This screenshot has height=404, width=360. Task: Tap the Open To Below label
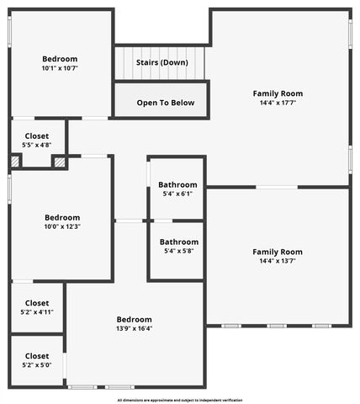tap(166, 103)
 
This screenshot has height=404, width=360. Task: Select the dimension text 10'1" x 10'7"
tap(60, 69)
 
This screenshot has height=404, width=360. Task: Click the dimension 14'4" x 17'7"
tap(278, 104)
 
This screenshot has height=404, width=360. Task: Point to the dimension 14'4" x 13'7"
tap(278, 262)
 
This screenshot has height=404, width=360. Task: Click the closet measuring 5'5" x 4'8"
tap(36, 141)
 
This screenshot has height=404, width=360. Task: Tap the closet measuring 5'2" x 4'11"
tap(36, 307)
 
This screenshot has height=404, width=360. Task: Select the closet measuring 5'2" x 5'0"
tap(36, 360)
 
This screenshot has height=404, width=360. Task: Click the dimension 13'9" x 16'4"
tap(135, 329)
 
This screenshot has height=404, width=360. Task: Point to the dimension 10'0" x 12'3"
tap(62, 226)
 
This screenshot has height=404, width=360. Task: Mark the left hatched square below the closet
tap(15, 161)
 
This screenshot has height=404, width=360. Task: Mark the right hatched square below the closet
tap(59, 161)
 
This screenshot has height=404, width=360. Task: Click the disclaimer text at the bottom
tap(180, 400)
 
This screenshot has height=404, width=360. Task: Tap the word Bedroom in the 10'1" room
tap(60, 59)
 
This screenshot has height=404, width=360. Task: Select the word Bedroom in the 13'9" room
tap(135, 319)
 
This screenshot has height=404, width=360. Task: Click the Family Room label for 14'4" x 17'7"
tap(278, 93)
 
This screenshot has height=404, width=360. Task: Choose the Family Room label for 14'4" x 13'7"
tap(278, 252)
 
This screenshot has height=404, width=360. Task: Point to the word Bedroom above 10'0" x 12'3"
tap(62, 216)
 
